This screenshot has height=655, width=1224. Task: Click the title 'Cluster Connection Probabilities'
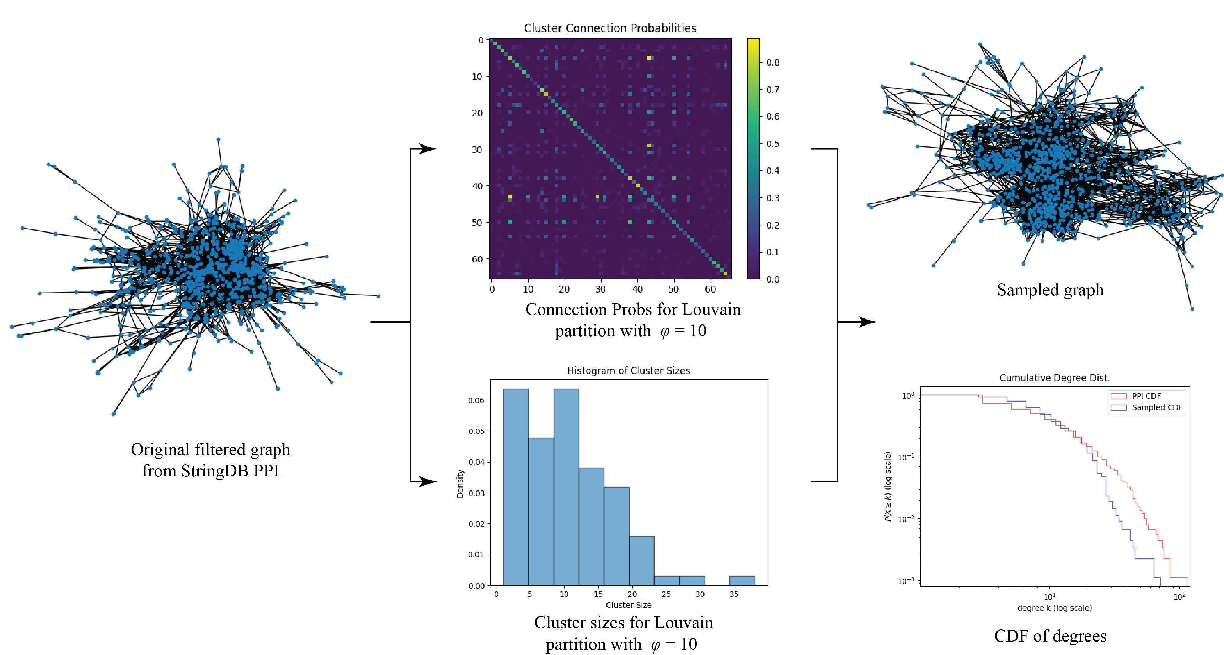point(610,28)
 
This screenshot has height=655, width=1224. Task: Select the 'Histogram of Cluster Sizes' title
point(628,371)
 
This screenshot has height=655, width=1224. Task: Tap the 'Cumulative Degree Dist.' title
point(1054,378)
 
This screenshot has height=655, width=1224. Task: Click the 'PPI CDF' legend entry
point(1145,396)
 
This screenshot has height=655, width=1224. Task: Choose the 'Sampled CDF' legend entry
point(1156,407)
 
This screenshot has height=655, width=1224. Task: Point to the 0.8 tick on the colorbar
point(773,62)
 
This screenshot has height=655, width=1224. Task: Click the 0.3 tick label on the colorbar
point(773,198)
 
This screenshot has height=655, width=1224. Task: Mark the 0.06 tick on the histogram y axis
point(476,400)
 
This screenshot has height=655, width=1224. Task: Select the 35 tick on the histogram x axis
point(734,594)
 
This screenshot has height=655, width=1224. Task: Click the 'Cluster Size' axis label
point(629,605)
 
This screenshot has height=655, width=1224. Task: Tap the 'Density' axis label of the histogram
point(460,483)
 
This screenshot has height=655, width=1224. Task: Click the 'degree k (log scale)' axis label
point(1054,608)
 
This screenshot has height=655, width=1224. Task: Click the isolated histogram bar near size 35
point(742,580)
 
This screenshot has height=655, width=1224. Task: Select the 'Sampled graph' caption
point(1050,290)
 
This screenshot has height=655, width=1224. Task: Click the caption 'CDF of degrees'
point(1050,636)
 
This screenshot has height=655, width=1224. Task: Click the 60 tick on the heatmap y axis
point(477,259)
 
